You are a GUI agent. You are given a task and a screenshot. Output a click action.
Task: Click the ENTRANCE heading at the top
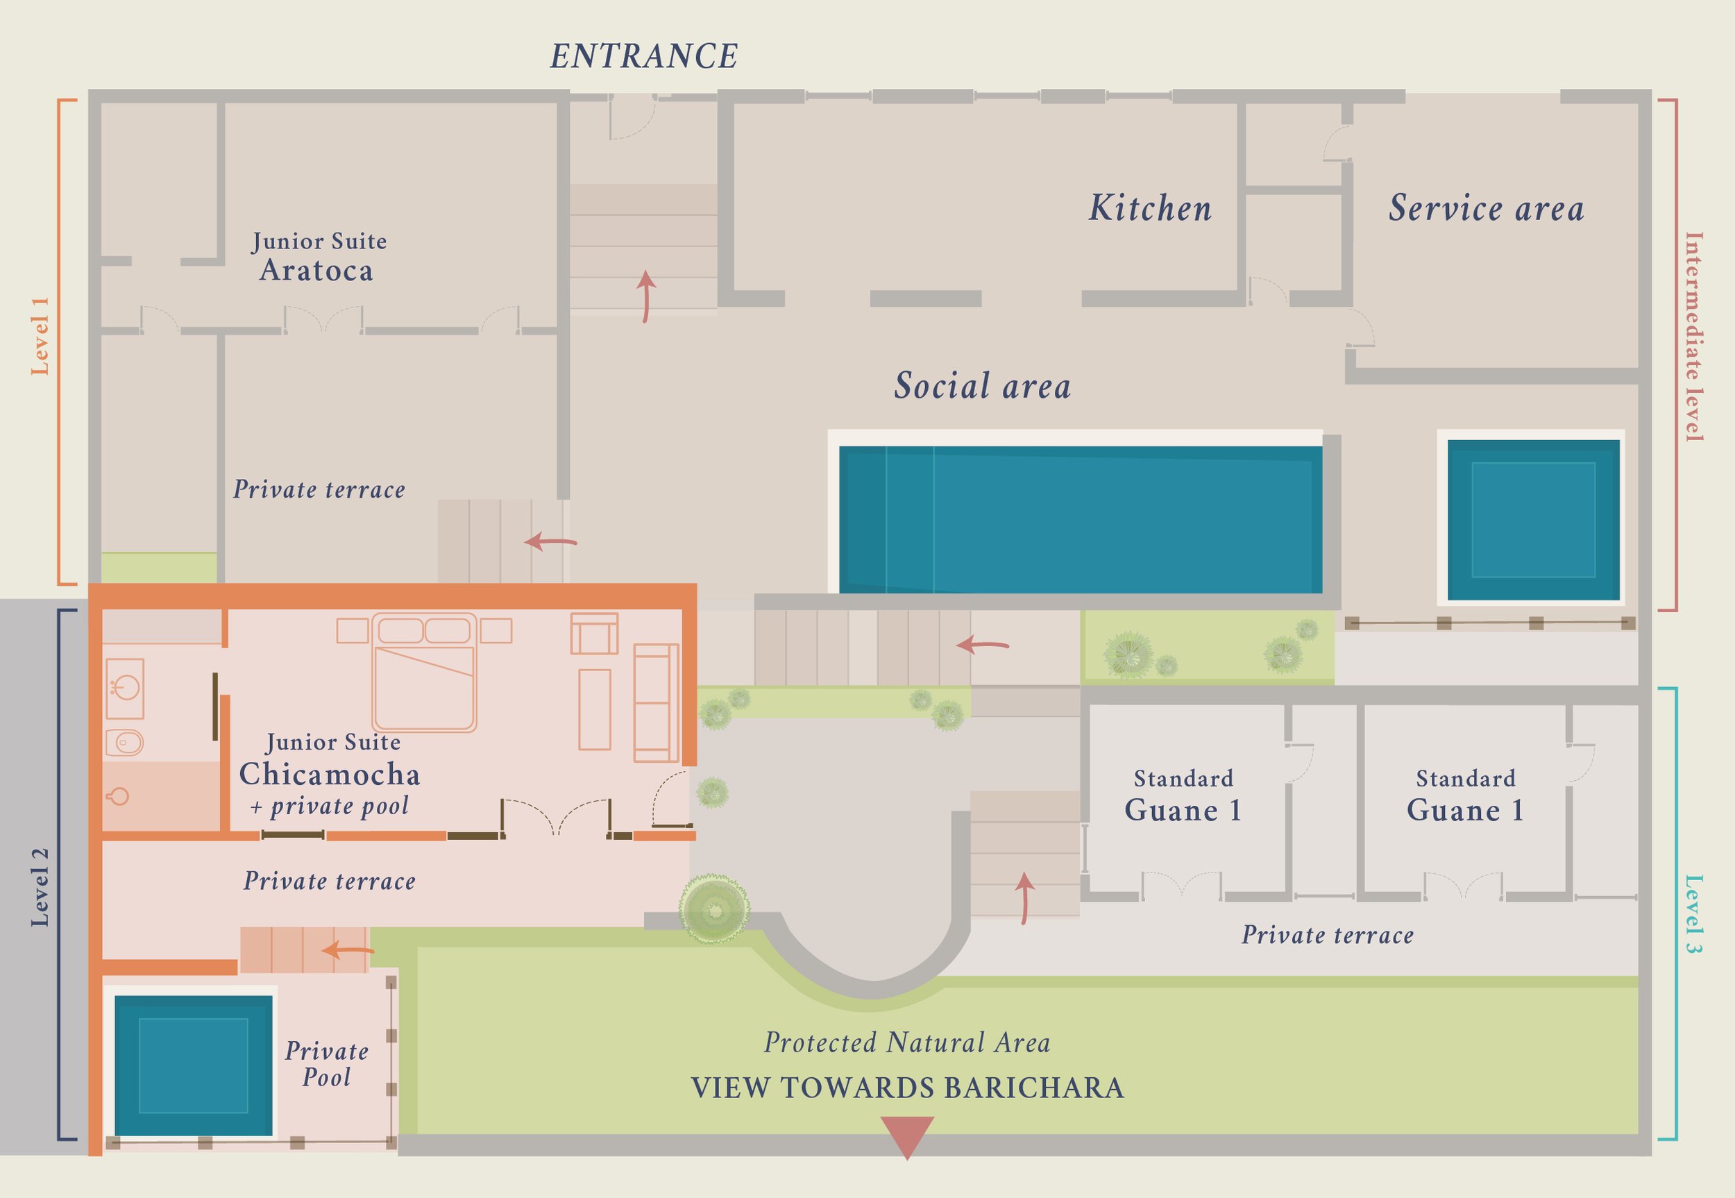[x=644, y=56]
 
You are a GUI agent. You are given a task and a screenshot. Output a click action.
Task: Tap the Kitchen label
[x=1150, y=208]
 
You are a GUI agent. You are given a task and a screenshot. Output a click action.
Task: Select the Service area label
[x=1486, y=208]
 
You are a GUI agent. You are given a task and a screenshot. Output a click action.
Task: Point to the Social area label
[x=982, y=386]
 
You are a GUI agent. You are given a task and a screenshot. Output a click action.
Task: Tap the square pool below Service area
[x=1533, y=519]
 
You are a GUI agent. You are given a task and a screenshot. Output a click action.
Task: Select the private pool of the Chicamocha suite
[x=193, y=1065]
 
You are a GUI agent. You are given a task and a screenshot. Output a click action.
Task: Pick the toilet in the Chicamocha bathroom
[x=124, y=743]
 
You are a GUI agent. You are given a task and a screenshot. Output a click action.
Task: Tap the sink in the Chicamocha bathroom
[x=126, y=688]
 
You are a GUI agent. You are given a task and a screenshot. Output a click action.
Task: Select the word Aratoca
[x=316, y=270]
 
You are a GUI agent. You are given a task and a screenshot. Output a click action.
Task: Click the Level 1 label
[x=39, y=335]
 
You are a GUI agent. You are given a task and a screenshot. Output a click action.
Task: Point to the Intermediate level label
[x=1694, y=336]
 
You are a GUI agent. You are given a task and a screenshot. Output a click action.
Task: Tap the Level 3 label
[x=1694, y=914]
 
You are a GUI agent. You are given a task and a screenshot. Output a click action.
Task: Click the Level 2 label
[x=39, y=887]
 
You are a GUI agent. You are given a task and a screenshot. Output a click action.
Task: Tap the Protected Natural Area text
[x=906, y=1043]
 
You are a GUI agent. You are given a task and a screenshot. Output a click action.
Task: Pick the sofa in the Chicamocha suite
[x=655, y=702]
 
